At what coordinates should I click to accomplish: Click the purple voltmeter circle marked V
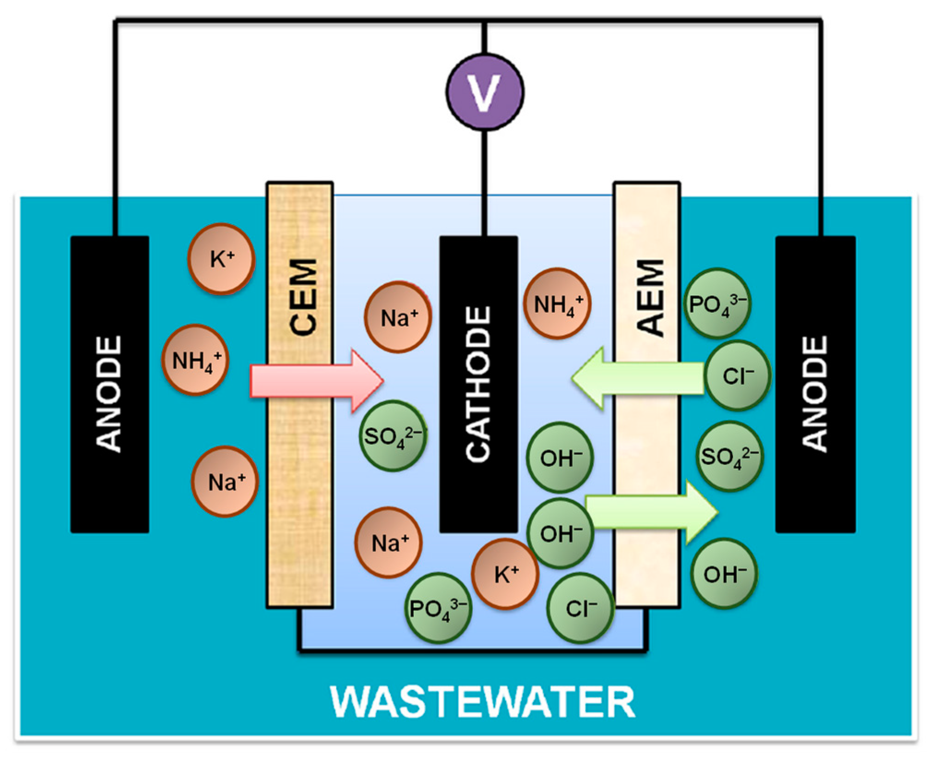point(484,91)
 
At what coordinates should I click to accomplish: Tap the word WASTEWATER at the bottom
point(483,702)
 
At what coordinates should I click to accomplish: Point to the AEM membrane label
point(650,297)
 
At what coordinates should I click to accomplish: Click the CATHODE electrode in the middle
point(478,384)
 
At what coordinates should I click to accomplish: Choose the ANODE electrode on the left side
point(110,384)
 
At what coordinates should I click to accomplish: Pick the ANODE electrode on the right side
point(815,384)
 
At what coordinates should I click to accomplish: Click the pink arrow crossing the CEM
point(317,381)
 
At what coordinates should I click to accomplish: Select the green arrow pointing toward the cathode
point(638,378)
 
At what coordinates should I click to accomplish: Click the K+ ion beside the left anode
point(221,259)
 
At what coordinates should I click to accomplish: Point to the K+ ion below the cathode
point(505,574)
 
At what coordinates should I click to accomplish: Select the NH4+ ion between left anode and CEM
point(195,360)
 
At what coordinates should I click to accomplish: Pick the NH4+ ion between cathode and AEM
point(557,303)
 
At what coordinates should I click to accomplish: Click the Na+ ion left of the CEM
point(225,482)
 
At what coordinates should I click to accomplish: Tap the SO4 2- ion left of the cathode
point(393,436)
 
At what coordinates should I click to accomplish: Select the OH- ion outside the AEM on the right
point(724,574)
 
